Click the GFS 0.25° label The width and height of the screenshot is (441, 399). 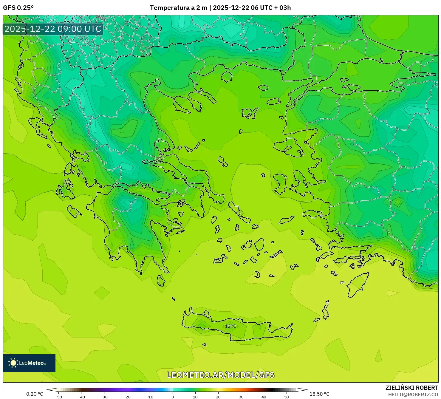[18, 8]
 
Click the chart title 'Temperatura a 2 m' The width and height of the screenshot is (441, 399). [178, 8]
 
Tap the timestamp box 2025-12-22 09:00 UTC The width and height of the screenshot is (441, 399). [53, 29]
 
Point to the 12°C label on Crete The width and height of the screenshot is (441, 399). [230, 326]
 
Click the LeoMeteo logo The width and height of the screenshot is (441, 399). [29, 363]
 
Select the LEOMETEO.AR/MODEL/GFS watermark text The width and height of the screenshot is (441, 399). [220, 375]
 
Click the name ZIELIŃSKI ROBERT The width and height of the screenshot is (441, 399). [411, 388]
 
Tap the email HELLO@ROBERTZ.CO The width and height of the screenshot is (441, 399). [413, 395]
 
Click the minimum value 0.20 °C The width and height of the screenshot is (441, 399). [35, 394]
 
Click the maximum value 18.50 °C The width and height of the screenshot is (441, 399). [319, 394]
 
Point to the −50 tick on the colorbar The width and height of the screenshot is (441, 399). [58, 397]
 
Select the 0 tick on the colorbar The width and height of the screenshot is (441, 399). [173, 397]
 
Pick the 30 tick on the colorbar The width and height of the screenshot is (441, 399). [241, 397]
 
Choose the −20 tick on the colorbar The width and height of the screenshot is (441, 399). [127, 397]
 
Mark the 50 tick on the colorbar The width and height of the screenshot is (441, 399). [287, 397]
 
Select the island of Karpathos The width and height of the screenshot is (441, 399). [326, 310]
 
